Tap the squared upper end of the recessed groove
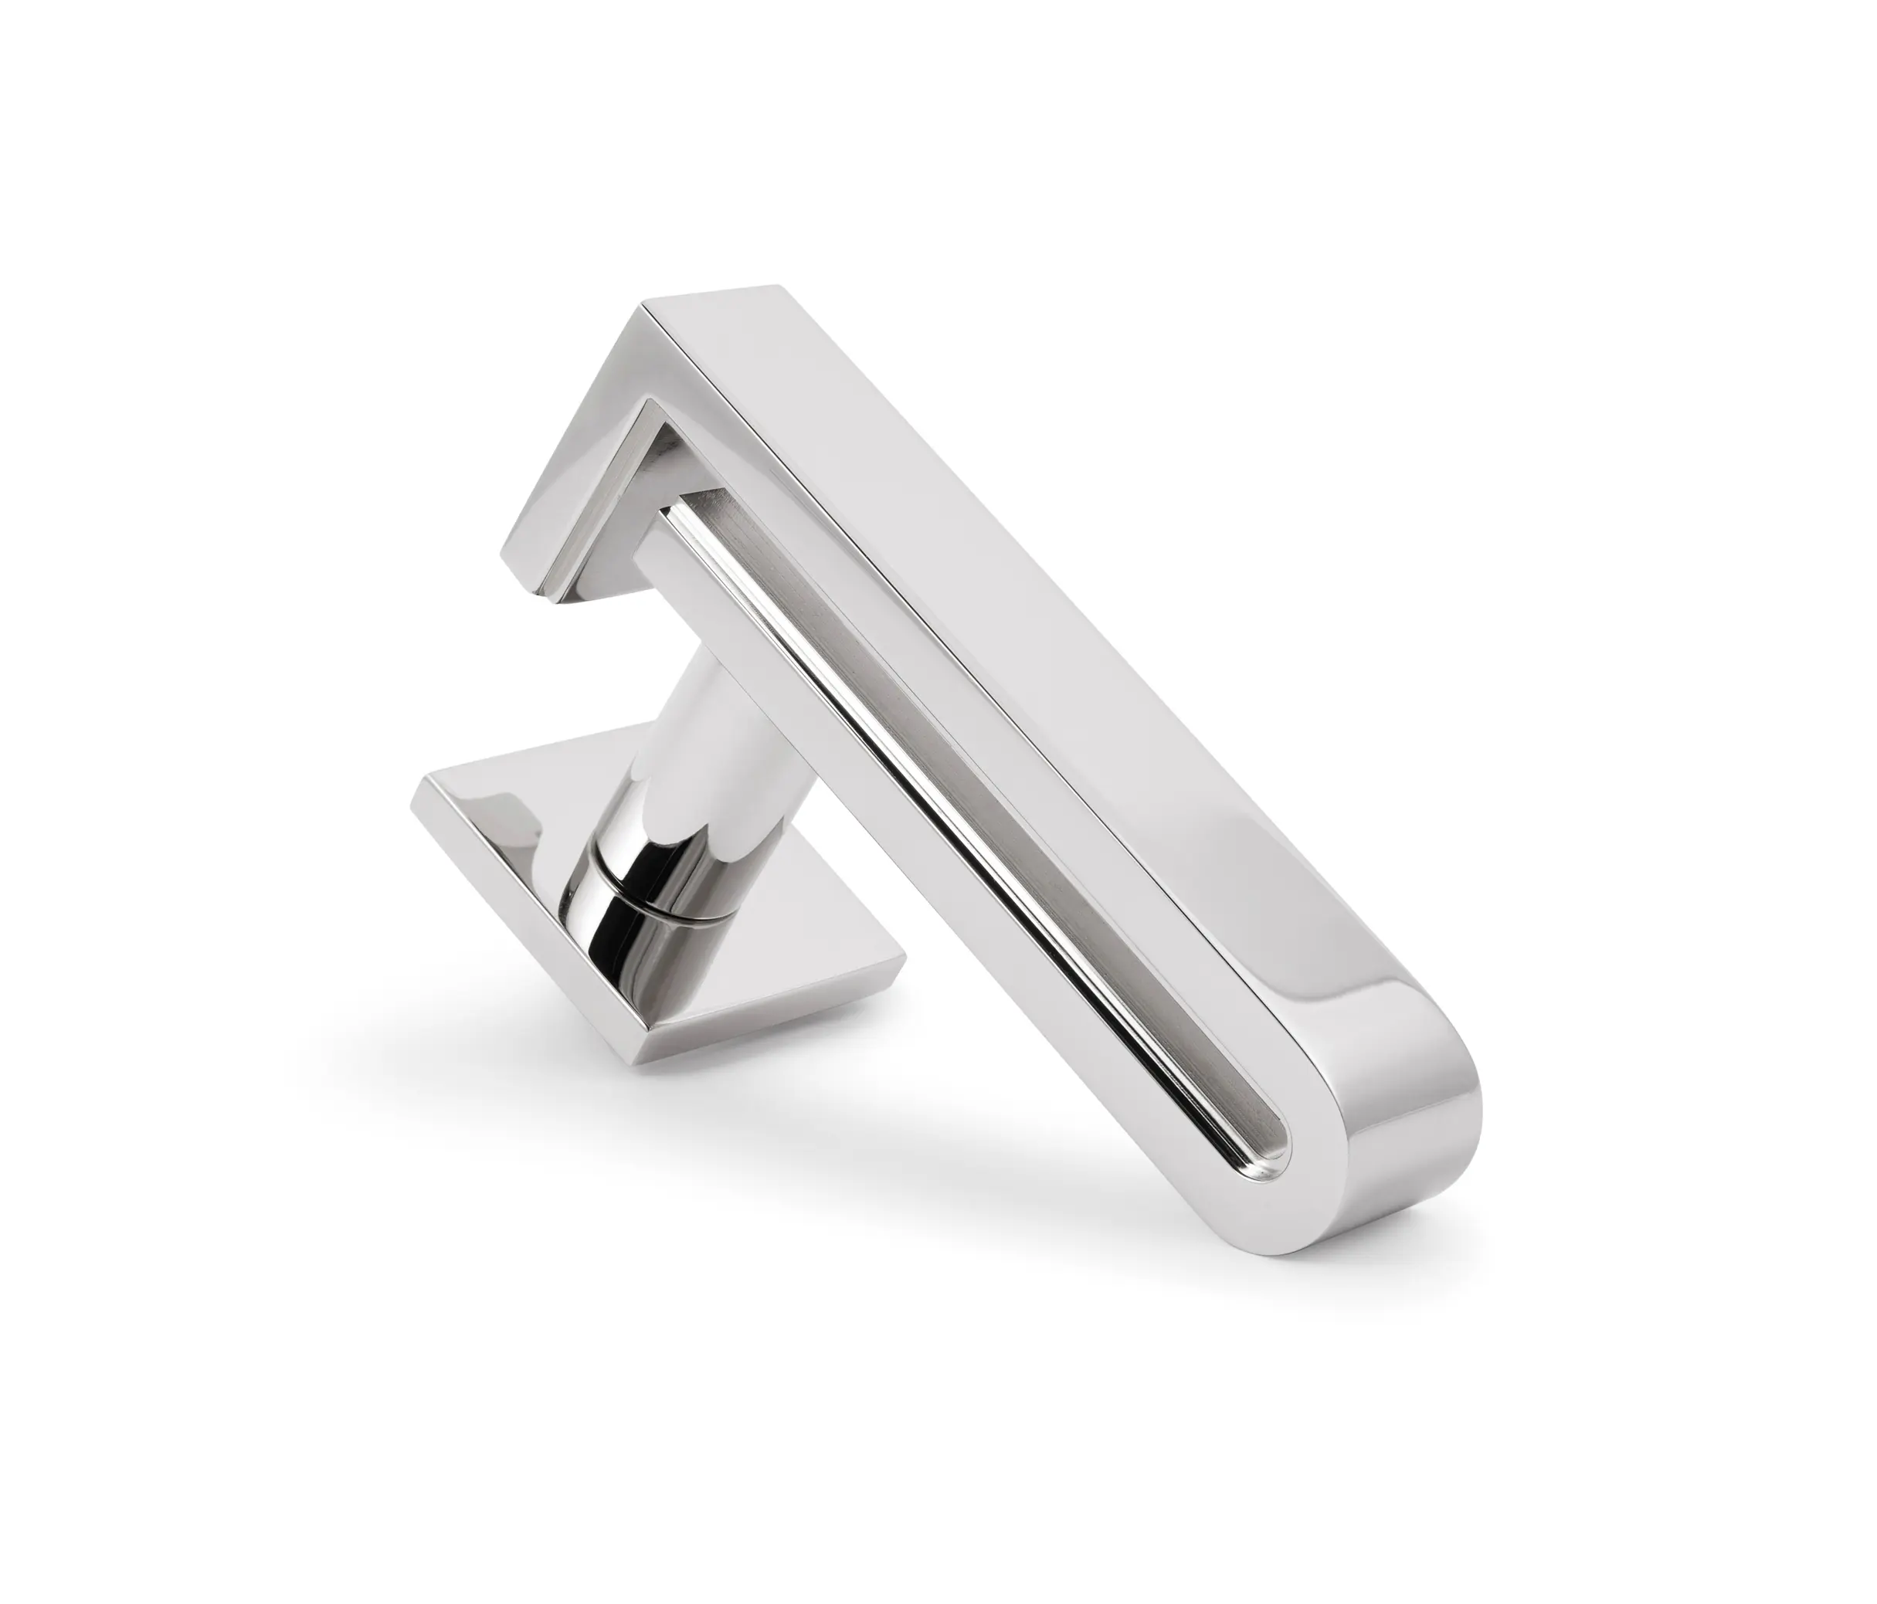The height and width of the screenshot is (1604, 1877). [x=698, y=507]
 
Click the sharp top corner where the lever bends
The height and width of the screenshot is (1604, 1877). [x=645, y=305]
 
